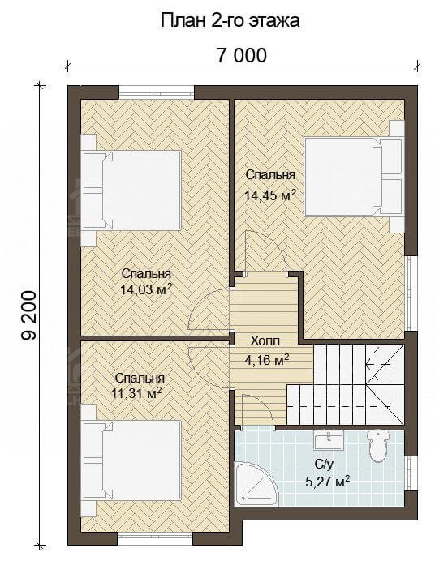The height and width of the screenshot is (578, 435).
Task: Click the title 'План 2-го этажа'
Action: (230, 21)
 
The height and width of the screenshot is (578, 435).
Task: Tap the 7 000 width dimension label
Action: (241, 56)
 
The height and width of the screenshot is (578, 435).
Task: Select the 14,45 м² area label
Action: (270, 195)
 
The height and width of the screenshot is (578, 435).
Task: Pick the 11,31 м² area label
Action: (137, 394)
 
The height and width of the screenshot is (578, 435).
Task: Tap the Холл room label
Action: (265, 341)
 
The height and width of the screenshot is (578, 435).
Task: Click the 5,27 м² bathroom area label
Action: (328, 482)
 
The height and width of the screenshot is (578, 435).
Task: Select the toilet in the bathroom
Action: (378, 445)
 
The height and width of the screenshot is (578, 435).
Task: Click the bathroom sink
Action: (329, 439)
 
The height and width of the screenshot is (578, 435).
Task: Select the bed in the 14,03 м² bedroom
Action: (131, 191)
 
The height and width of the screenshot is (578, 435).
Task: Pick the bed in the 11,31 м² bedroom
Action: (131, 460)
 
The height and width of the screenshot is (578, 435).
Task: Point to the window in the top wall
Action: (157, 92)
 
